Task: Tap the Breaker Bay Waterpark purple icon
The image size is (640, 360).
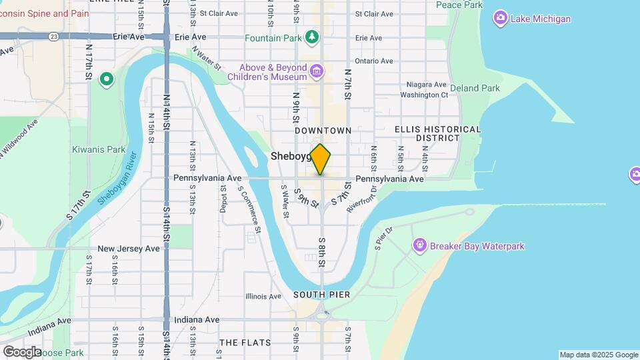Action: coord(419,246)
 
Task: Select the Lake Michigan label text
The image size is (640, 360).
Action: coord(541,19)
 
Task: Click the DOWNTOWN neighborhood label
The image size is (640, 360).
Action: coord(323,131)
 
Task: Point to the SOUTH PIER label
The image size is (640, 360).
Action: coord(321,295)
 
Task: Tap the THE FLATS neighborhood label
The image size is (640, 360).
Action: coord(245,343)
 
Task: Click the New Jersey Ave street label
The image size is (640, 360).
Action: coord(129,249)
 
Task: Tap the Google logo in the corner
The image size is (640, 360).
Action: coord(21,351)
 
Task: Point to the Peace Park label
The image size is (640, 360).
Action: coord(459,5)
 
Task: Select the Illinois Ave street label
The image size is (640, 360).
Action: coord(264,296)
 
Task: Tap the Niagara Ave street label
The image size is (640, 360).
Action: coord(427,85)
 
